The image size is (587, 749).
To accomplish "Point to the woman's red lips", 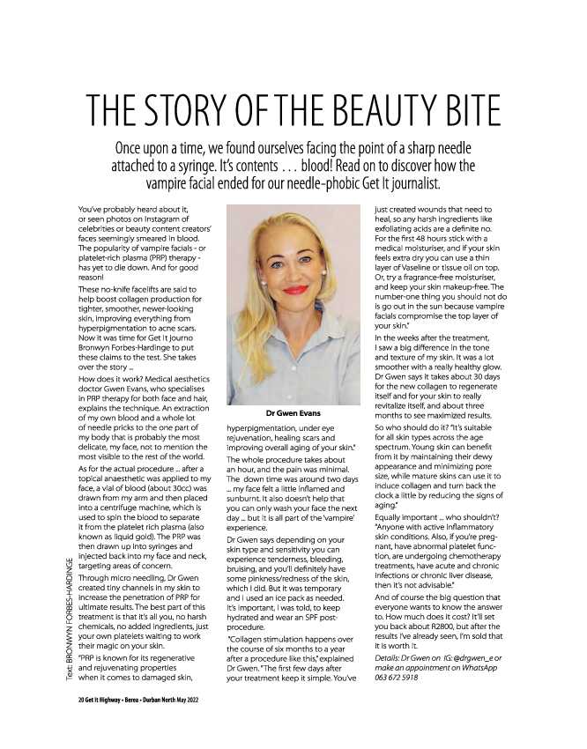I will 294,288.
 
